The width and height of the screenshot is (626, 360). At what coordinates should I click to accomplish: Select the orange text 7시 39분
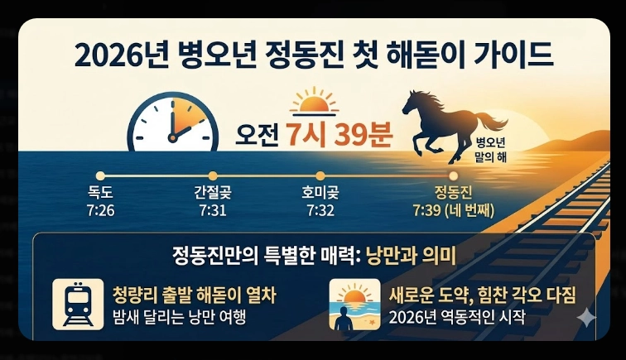(339, 134)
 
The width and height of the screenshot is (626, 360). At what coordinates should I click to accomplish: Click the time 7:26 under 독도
(101, 210)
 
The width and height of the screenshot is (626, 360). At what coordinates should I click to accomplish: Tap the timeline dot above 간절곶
(213, 175)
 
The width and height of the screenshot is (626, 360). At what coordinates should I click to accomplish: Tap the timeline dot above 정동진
(453, 175)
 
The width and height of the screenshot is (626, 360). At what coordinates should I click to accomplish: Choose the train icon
(79, 304)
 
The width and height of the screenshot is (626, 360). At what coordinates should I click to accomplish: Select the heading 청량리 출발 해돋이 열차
(194, 295)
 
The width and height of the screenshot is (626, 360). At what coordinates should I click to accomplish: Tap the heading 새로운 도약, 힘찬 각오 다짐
(482, 295)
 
